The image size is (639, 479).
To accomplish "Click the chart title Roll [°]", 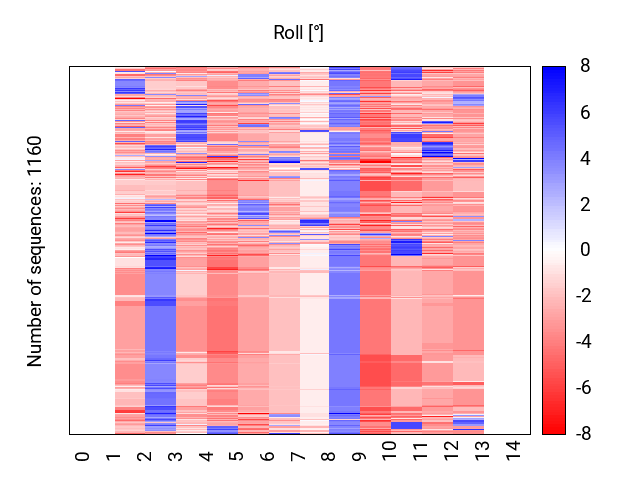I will (299, 33).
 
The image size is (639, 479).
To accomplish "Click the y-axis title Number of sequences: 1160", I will (36, 250).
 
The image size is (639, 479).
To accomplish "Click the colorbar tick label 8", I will (585, 67).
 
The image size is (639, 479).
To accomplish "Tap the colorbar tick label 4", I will (585, 159).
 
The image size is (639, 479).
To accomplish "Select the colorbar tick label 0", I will (585, 250).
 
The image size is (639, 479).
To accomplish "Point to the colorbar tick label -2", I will (582, 296).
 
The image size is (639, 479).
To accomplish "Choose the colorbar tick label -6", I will (582, 388).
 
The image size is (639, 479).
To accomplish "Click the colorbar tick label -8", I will (582, 434).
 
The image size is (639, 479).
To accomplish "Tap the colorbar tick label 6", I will (585, 113).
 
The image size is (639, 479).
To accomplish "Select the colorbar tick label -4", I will (582, 342).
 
